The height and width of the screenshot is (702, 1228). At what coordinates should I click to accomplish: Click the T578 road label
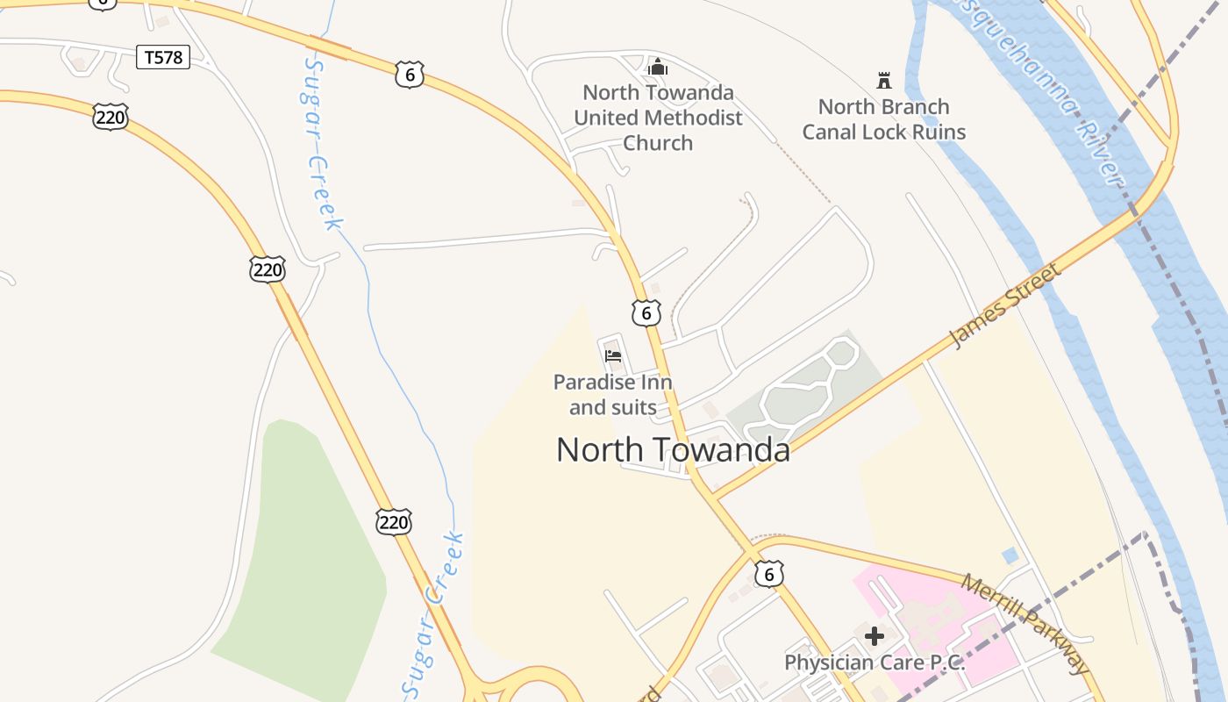point(163,58)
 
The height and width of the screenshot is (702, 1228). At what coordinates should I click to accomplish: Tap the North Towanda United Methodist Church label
point(658,118)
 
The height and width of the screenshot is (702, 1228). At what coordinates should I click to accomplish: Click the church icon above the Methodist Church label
point(658,67)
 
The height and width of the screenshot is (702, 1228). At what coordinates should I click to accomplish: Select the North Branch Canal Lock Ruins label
point(883,119)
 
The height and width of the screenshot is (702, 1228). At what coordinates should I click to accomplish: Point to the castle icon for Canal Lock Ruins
point(884,81)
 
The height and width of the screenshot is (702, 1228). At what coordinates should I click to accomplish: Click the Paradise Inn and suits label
point(612,395)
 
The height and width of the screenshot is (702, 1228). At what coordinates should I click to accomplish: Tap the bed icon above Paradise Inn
point(613,355)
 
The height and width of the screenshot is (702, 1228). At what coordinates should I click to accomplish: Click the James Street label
point(1006,304)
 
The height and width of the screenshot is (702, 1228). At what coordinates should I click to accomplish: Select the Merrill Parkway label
point(1026,624)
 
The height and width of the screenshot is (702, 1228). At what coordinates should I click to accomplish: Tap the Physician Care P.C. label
point(875,663)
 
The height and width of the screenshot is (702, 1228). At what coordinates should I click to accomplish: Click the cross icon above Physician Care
point(875,635)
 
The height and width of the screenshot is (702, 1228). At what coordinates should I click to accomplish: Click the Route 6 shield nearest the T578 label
point(410,75)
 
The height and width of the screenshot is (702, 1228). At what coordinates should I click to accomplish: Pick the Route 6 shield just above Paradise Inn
point(646,312)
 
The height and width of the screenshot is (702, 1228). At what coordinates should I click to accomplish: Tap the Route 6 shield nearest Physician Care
point(769,574)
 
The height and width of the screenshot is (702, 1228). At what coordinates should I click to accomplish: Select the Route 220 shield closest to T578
point(111,117)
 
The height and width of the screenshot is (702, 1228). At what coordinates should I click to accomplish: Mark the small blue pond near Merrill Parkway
point(1010,555)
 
